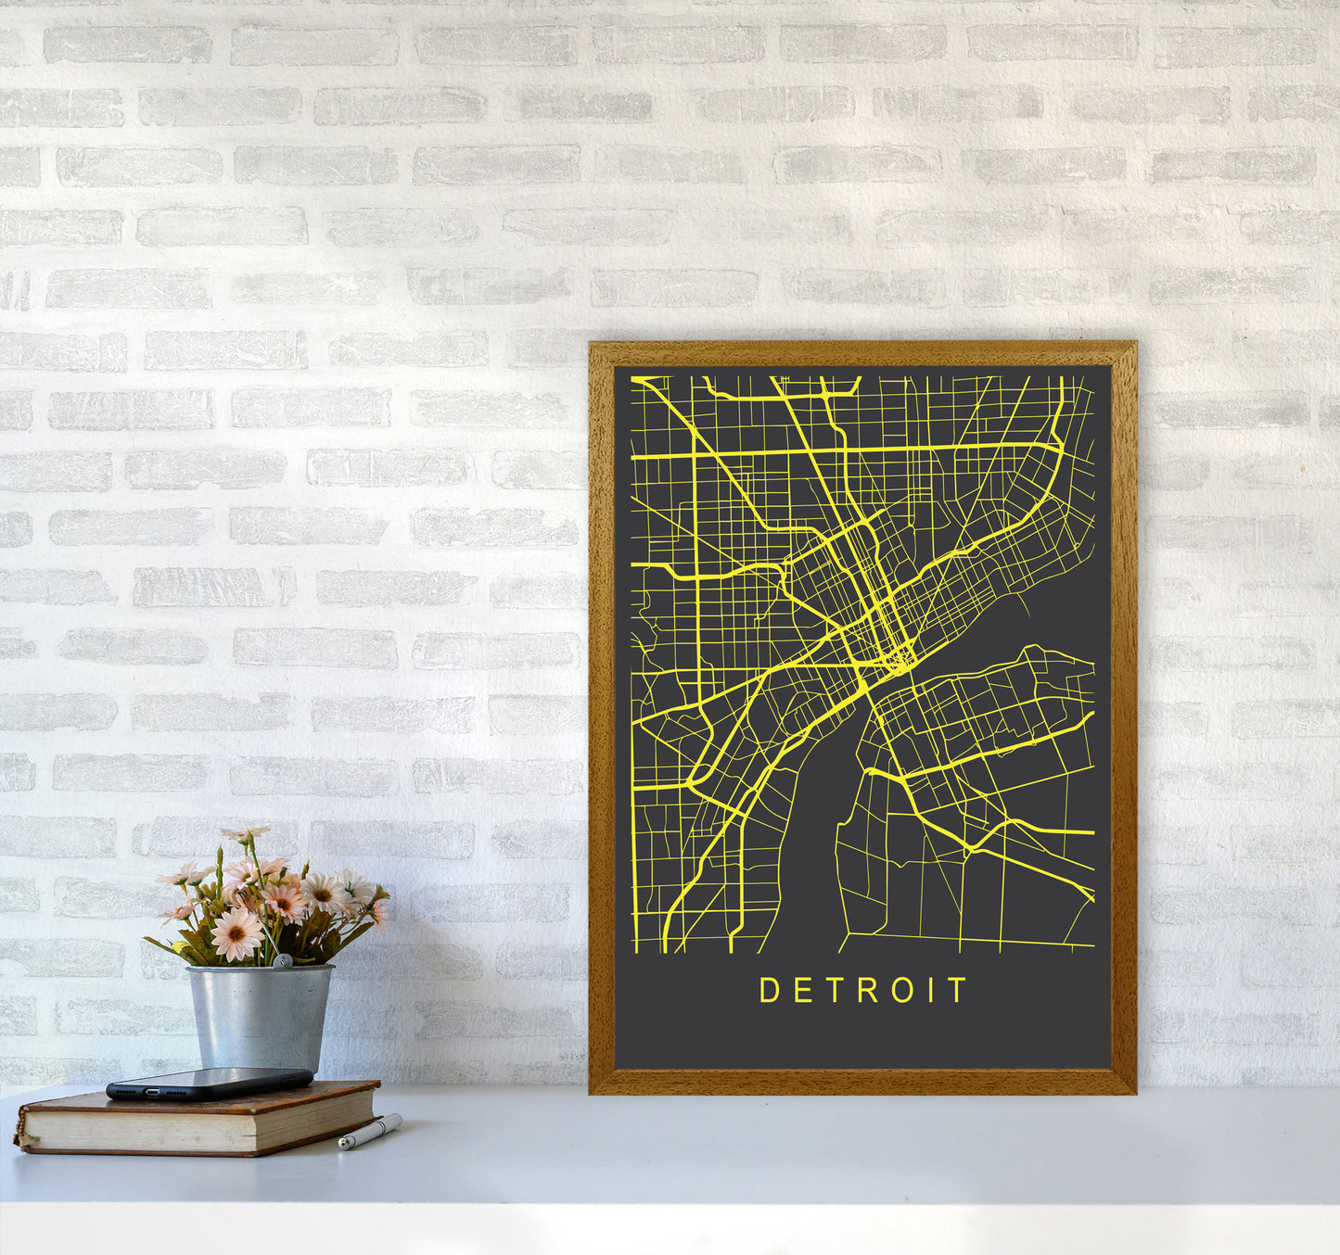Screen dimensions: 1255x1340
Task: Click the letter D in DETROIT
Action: coord(769,990)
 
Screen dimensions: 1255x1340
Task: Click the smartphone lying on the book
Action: coord(210,1082)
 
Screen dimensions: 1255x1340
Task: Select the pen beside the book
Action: coord(370,1132)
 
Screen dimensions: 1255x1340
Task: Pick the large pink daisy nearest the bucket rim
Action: coord(236,932)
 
